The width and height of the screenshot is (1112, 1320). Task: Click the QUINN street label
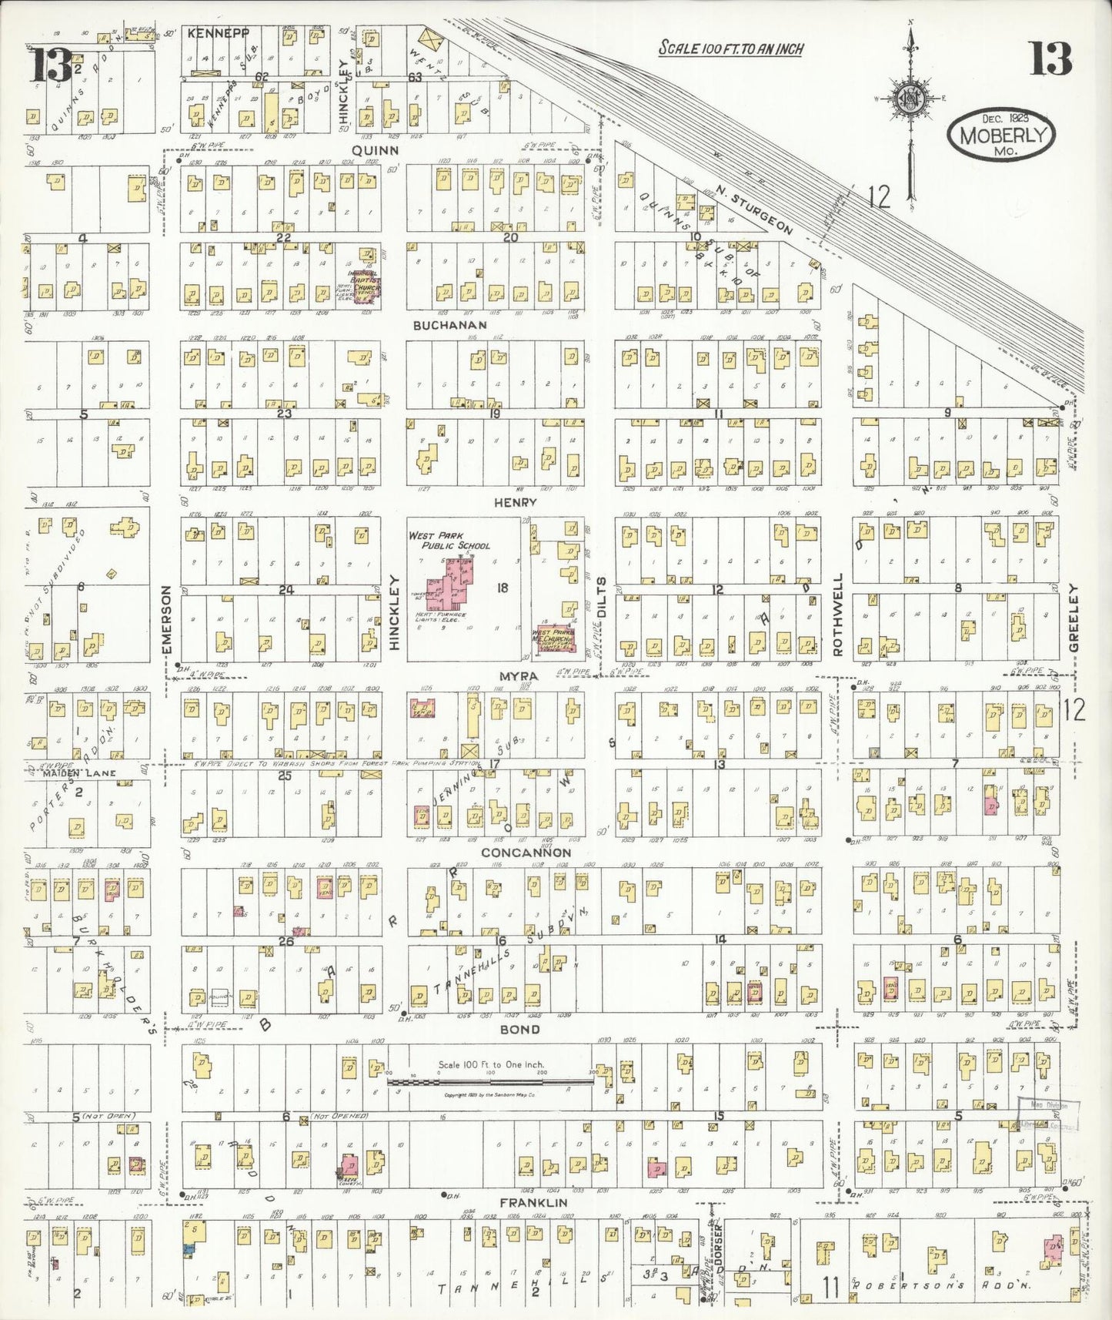[x=375, y=150]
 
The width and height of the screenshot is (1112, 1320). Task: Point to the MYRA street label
[x=519, y=676]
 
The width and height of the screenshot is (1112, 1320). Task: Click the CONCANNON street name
[x=526, y=853]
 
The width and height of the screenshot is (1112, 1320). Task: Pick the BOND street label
[x=519, y=1029]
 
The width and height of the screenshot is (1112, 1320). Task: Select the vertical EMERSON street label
[x=166, y=621]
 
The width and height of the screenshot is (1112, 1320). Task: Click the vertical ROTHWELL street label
[x=838, y=615]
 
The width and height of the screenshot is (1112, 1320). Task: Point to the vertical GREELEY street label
[x=1074, y=618]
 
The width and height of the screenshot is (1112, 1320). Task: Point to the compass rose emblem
[x=909, y=99]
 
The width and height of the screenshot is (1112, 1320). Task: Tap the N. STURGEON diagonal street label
[x=753, y=211]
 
